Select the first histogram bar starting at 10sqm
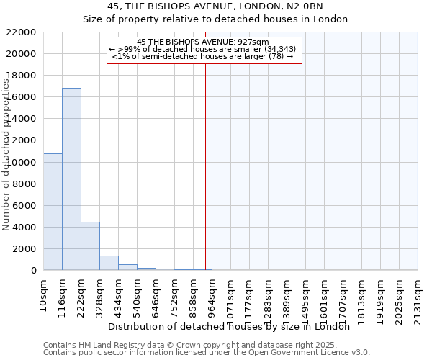click(53, 212)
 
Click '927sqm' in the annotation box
click(256, 42)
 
